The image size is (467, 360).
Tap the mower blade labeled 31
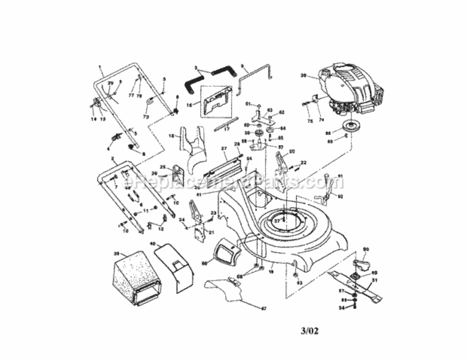pos(355,286)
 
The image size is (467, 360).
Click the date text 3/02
pos(310,331)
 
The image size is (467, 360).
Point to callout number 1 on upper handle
pos(100,67)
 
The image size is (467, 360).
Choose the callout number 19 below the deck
pos(271,272)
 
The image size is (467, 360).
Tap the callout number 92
pos(340,196)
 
